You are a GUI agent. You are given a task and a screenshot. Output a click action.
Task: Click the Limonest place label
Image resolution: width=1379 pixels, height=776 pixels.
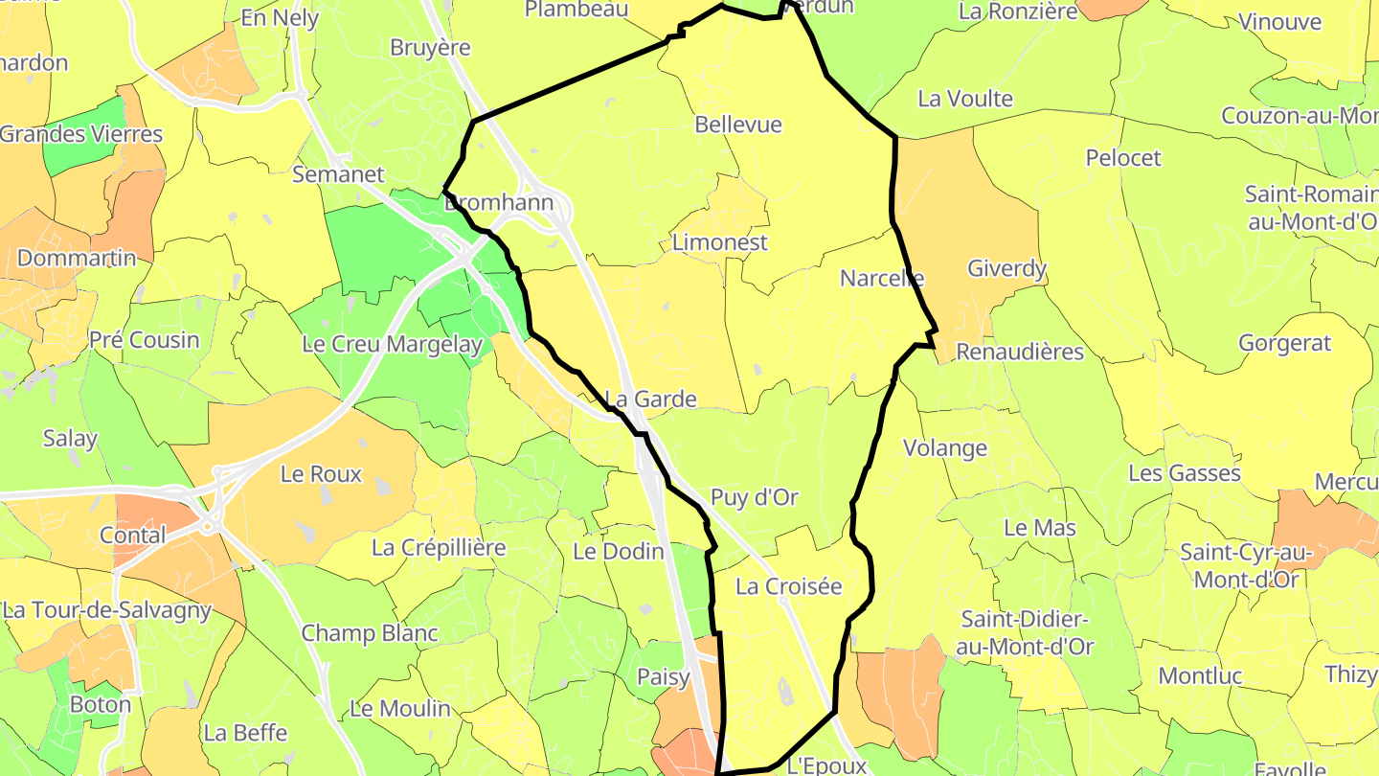(719, 242)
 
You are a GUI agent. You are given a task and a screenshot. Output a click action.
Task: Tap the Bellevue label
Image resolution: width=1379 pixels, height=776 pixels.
(738, 125)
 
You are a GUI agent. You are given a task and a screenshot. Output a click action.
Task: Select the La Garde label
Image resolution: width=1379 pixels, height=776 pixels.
(651, 399)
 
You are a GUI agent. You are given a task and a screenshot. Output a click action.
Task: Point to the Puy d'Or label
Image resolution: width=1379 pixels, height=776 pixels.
(755, 497)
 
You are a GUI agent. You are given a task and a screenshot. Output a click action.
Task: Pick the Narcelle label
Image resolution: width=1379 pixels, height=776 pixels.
(882, 278)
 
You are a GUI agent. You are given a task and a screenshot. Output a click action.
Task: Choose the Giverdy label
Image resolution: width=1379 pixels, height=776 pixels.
(1006, 268)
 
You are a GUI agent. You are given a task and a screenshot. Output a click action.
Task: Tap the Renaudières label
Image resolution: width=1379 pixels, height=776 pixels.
(1020, 352)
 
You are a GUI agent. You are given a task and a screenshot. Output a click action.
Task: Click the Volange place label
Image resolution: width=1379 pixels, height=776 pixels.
(945, 447)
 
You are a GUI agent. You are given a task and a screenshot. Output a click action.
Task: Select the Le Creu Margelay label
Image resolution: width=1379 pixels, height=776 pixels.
(392, 344)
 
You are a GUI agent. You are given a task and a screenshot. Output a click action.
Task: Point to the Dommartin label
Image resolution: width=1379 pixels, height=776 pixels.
(77, 258)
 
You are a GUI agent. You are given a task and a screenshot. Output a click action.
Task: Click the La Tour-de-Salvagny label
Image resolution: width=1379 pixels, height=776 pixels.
(106, 609)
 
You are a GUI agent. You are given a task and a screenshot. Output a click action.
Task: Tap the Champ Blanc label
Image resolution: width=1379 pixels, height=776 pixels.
(370, 633)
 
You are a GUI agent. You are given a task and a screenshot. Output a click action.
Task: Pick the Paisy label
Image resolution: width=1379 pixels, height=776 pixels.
(664, 677)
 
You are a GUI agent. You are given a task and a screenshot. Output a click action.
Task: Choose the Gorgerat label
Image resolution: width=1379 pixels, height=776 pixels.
(1285, 343)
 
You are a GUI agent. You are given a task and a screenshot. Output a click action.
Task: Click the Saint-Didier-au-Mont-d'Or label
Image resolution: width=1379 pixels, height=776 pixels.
(1027, 632)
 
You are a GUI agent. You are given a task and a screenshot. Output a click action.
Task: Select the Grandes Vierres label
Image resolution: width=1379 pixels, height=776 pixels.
(81, 133)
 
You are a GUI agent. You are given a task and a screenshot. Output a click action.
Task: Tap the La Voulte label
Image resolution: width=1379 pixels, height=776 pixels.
(965, 99)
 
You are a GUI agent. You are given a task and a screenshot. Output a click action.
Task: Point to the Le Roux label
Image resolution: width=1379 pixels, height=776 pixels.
(321, 473)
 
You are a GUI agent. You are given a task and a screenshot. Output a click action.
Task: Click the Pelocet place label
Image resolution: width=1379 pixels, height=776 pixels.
(1123, 157)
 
